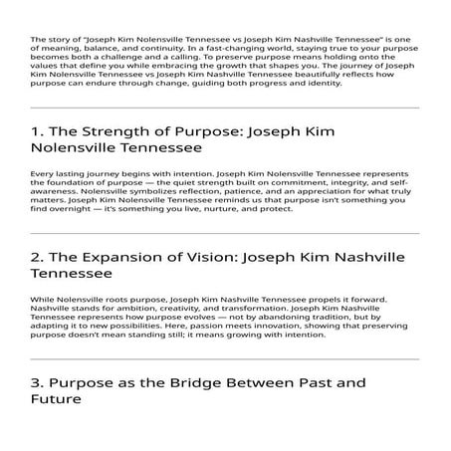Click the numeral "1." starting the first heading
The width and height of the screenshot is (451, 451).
tap(37, 129)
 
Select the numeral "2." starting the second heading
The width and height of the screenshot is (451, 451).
tap(38, 255)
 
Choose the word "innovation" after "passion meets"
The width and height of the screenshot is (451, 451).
tap(234, 328)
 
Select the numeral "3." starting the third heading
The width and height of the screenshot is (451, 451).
tap(38, 382)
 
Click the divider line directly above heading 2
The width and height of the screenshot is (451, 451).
tap(225, 234)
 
